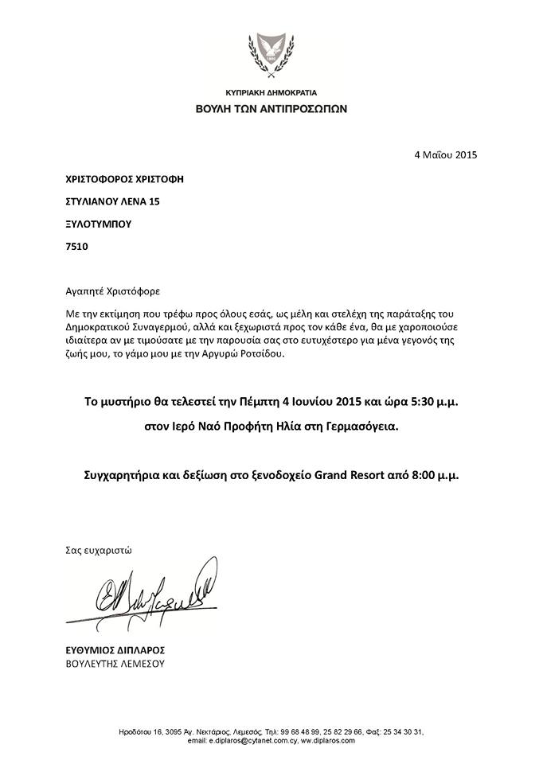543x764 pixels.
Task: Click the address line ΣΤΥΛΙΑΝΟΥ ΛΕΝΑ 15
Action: pyautogui.click(x=111, y=202)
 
